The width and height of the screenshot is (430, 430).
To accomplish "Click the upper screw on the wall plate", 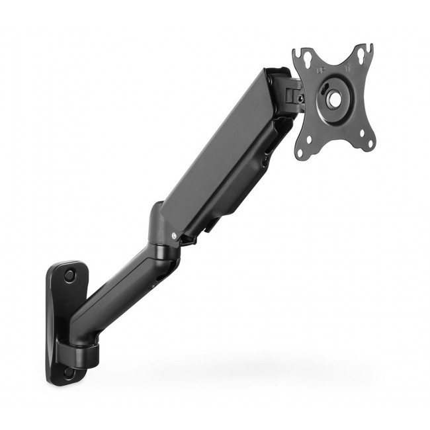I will point(69,275).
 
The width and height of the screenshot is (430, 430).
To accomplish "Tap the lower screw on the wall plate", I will point(69,374).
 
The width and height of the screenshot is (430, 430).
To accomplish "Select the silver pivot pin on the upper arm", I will point(174,235).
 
